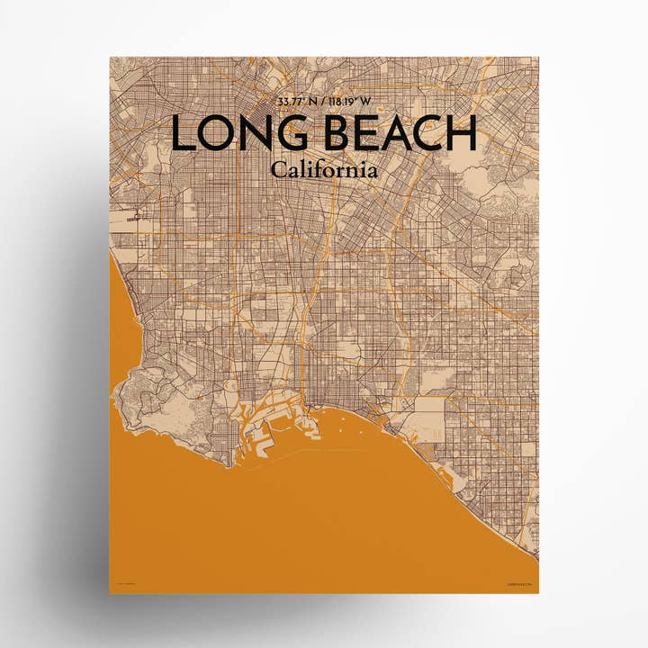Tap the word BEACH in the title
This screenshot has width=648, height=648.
click(x=395, y=135)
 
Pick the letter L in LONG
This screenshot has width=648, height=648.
click(x=182, y=135)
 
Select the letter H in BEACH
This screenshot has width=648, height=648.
click(x=460, y=135)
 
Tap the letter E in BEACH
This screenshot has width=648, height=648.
click(x=361, y=135)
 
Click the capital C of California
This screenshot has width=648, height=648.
click(x=276, y=169)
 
